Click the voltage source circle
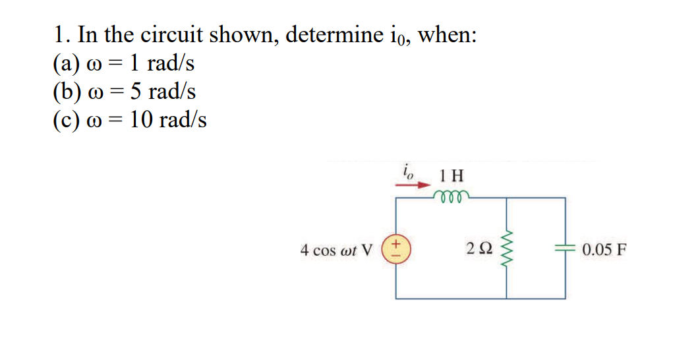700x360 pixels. [x=396, y=250]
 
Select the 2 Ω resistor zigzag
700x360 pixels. [x=507, y=250]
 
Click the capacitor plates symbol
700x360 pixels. [x=565, y=250]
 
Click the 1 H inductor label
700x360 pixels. [x=452, y=175]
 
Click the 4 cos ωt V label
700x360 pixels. [x=336, y=251]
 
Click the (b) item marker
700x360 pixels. [x=65, y=92]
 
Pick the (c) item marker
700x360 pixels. [x=65, y=120]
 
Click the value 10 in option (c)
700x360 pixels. [x=142, y=119]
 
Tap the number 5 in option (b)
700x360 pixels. [x=136, y=91]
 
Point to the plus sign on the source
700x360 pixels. [x=396, y=244]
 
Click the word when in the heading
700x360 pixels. [x=448, y=34]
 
